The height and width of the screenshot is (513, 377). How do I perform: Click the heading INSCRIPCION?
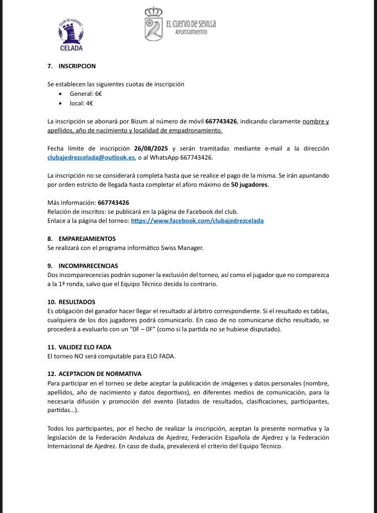(x=77, y=66)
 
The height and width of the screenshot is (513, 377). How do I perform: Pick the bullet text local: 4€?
(x=81, y=103)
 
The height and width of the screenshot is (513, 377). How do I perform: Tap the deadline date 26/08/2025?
(x=151, y=149)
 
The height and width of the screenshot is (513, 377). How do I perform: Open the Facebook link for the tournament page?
(x=197, y=220)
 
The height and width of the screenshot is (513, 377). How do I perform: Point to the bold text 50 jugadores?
(x=250, y=185)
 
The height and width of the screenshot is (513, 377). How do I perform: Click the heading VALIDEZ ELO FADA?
(x=85, y=347)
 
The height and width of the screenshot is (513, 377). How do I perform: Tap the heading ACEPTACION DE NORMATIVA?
(x=100, y=374)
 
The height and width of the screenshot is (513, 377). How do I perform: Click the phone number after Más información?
(x=113, y=203)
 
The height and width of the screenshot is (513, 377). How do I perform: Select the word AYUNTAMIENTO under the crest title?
(x=191, y=32)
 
